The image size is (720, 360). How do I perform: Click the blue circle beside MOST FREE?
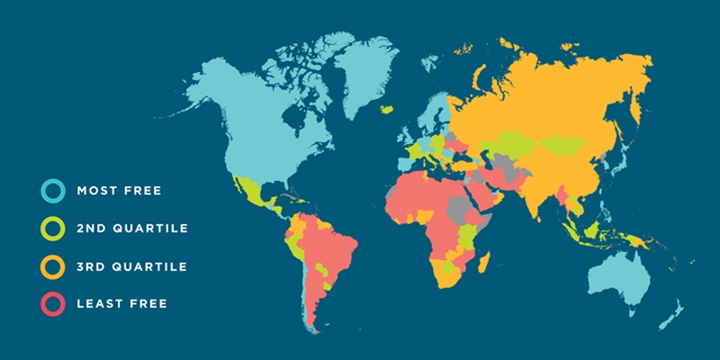point(52,191)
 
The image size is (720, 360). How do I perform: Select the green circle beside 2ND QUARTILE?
point(52,229)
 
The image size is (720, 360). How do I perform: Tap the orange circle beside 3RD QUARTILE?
point(52,266)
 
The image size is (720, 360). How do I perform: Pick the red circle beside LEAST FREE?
point(52,304)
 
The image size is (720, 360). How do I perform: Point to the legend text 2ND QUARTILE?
point(132,229)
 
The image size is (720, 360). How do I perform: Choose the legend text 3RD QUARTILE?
point(132,266)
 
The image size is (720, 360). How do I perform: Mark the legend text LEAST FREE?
point(122,304)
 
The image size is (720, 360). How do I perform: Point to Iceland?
point(388,109)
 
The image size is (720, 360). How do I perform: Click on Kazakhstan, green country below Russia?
point(513,139)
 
